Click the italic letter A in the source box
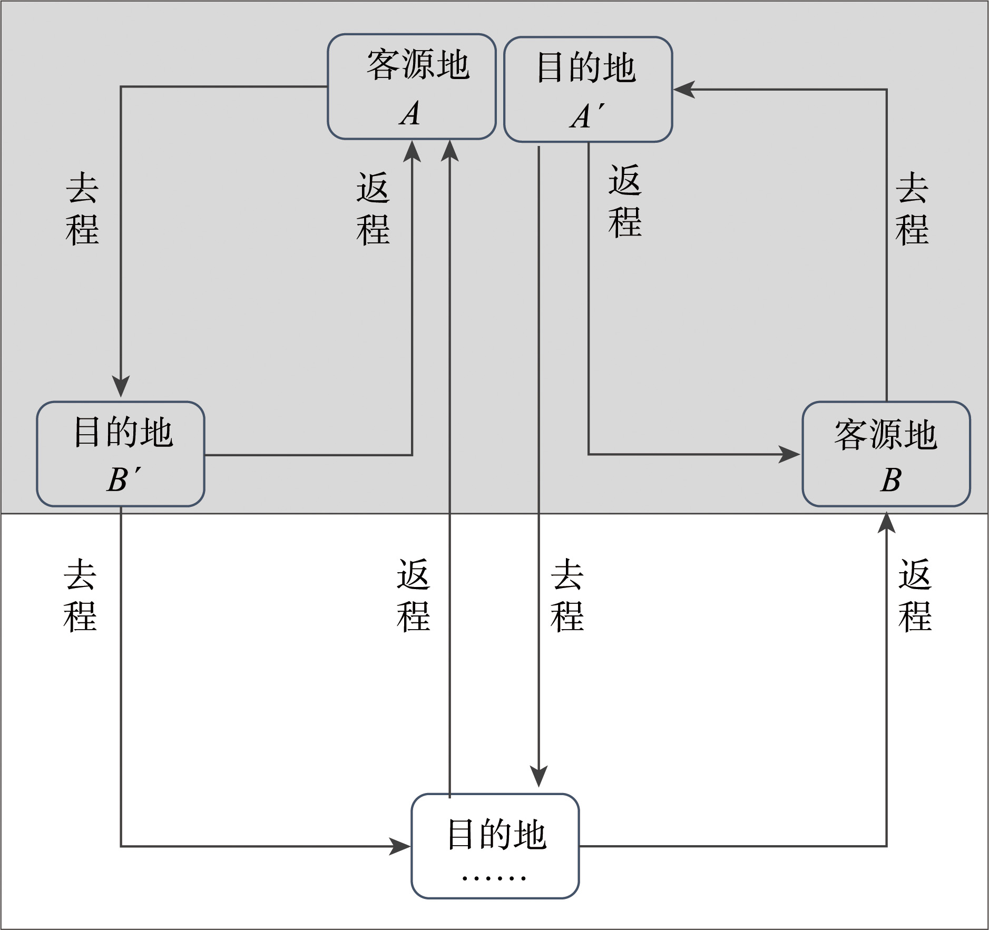click(410, 114)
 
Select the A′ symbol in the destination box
click(586, 116)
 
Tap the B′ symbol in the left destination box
click(123, 479)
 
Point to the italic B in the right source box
click(890, 480)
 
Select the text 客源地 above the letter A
click(418, 65)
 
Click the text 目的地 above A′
click(586, 68)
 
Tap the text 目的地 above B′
click(123, 433)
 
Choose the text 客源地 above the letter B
click(886, 435)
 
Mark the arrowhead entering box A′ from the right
click(684, 90)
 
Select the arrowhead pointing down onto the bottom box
click(538, 776)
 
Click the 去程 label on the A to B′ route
click(82, 209)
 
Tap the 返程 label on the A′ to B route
click(625, 201)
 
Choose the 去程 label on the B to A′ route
click(912, 209)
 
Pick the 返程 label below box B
click(915, 595)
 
